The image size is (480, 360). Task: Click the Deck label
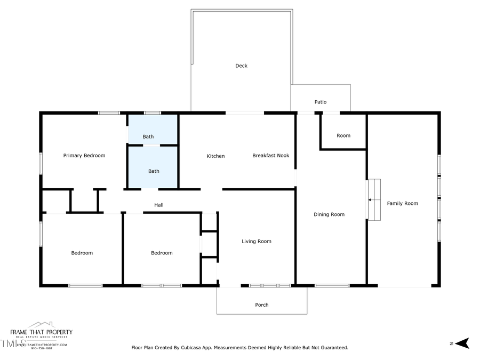(x=241, y=66)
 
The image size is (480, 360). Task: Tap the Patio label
(x=320, y=102)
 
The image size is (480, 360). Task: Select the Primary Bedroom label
(x=84, y=156)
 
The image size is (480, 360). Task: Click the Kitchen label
(x=215, y=156)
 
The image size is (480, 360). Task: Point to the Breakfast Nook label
(x=270, y=156)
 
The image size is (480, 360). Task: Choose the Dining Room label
(x=329, y=214)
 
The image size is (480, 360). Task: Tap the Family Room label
(x=402, y=203)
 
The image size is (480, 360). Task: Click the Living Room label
(x=256, y=242)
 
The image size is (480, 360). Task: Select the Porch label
(x=261, y=305)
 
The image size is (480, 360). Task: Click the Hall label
(x=159, y=205)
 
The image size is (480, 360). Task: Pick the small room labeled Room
(x=343, y=135)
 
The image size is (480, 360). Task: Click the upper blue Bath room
(x=153, y=130)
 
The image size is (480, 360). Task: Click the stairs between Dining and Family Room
(x=374, y=199)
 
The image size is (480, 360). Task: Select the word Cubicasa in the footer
(x=210, y=348)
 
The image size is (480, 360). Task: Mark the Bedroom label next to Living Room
(x=162, y=253)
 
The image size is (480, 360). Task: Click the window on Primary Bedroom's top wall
(x=109, y=113)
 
